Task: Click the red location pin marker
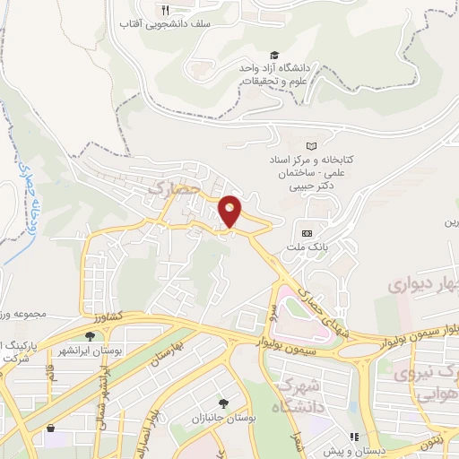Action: [230, 211]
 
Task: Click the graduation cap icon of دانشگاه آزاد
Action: [275, 55]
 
